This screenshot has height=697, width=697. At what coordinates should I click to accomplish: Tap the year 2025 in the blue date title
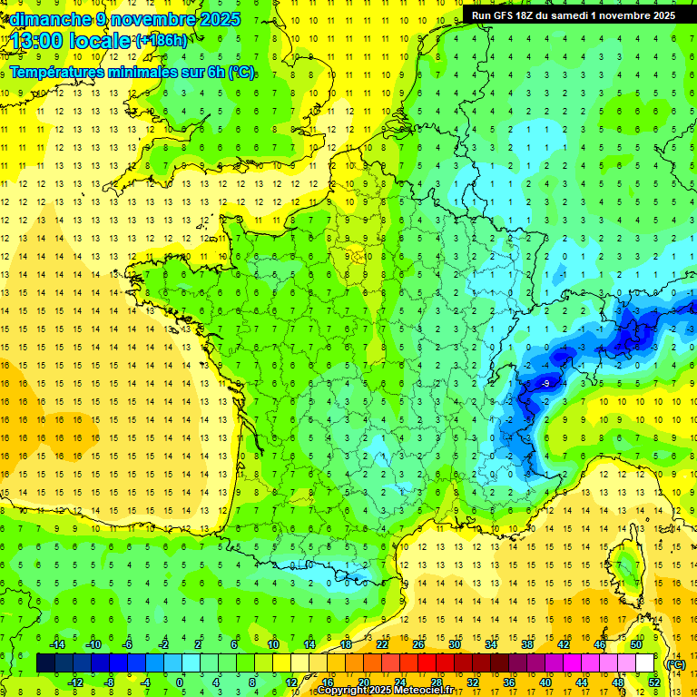tap(218, 19)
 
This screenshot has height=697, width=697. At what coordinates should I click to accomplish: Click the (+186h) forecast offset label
tap(161, 41)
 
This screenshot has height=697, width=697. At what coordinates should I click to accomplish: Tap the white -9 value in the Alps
tap(545, 385)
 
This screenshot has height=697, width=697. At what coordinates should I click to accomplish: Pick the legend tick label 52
tap(653, 682)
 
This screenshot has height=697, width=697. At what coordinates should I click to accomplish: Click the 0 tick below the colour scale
tap(180, 682)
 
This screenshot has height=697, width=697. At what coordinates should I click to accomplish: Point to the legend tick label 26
tap(417, 644)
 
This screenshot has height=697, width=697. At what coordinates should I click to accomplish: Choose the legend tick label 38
tap(526, 644)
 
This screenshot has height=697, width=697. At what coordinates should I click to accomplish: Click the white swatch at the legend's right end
tap(645, 663)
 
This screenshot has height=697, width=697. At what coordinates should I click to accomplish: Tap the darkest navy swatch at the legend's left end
tap(44, 663)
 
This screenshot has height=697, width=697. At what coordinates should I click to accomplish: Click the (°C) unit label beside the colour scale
tap(675, 664)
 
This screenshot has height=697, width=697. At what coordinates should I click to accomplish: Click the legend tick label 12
tap(291, 682)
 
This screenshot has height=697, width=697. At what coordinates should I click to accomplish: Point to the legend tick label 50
tap(635, 644)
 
